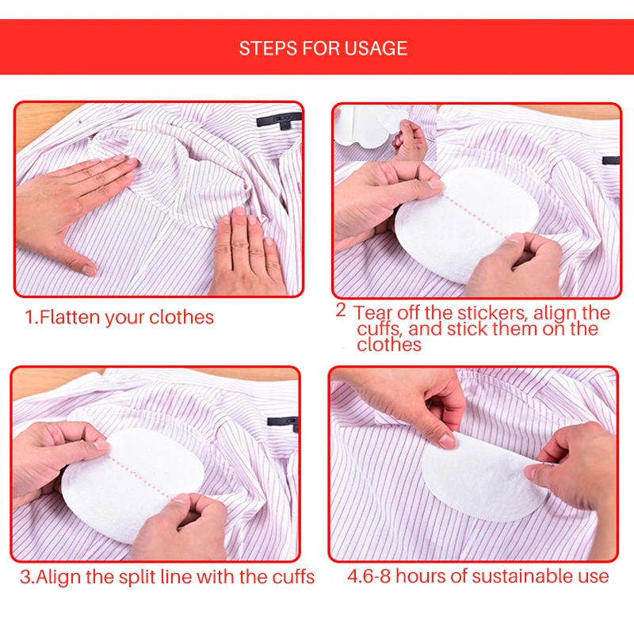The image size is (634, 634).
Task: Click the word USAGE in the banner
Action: (376, 48)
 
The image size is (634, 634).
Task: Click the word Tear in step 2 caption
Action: (373, 312)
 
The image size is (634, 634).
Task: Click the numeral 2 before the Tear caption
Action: (341, 310)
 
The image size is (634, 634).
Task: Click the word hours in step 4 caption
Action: (422, 576)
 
